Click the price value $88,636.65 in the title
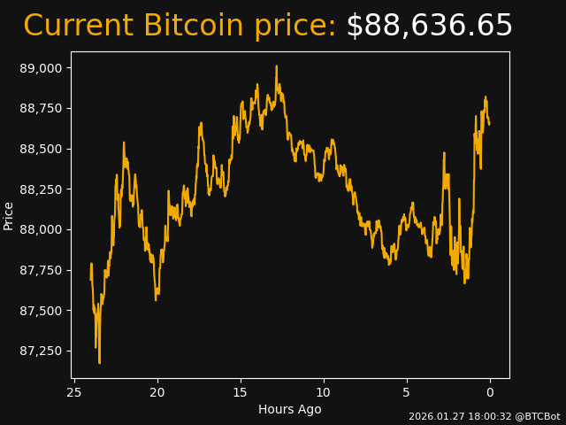pos(429,27)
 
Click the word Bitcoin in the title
pos(193,27)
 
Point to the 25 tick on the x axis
pos(74,392)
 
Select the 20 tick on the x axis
pos(157,392)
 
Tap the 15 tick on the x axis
pos(241,392)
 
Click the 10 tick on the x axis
pos(324,392)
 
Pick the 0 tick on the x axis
pos(490,392)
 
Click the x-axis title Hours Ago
pos(290,409)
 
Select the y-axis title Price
pos(9,215)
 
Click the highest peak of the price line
pos(276,66)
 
